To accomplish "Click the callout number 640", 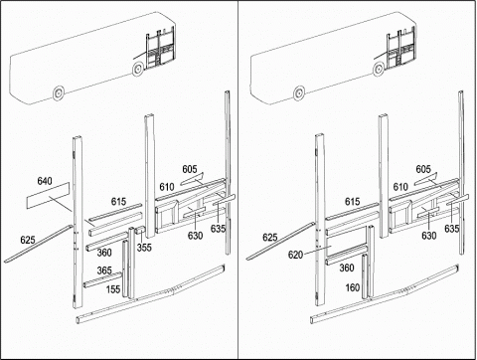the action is coord(45,181).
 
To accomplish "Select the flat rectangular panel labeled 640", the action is coord(48,195).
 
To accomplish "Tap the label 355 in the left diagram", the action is coord(144,248).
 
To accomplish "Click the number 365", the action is coord(104,270).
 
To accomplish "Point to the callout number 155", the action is coord(113,289).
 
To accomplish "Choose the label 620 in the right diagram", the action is coord(295,255).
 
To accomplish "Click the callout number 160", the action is coord(353,287).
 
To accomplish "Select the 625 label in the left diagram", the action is coord(28,240).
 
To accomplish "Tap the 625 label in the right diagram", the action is coord(270,238).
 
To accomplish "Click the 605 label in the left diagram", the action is coord(190,169).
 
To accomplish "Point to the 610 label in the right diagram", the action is coord(400,187).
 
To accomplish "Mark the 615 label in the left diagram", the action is coord(118,202).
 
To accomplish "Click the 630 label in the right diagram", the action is coord(429,236).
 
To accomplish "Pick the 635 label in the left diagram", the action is coord(219,229).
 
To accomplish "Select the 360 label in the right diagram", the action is coord(347,268).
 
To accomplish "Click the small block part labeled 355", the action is coord(141,230).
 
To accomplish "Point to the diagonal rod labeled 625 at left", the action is coord(38,244).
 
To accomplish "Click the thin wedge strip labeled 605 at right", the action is coord(426,179).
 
